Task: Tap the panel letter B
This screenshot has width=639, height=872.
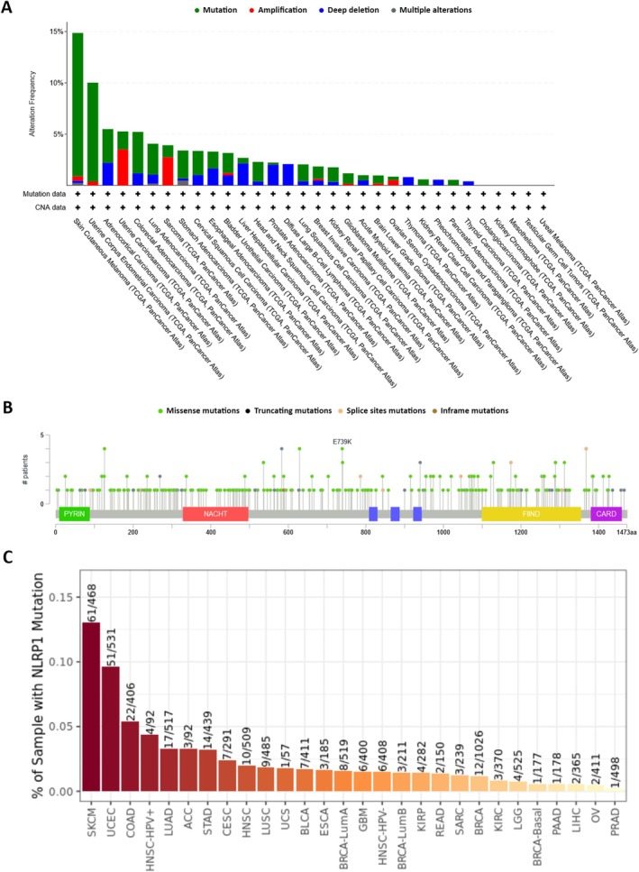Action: pyautogui.click(x=8, y=409)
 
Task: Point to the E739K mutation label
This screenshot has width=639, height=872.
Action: pyautogui.click(x=343, y=442)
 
